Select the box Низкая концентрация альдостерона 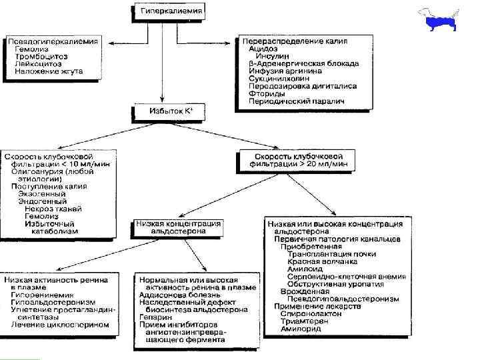coord(178,228)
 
